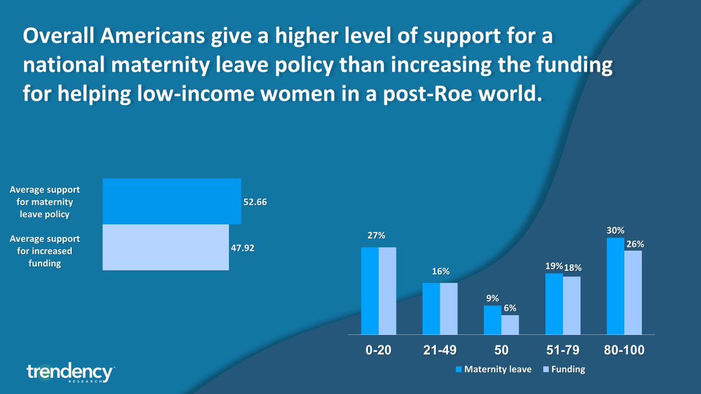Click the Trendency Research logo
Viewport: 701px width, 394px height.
click(x=70, y=372)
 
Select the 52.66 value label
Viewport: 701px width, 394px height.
click(x=255, y=203)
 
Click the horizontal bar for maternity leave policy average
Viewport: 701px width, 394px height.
click(x=172, y=201)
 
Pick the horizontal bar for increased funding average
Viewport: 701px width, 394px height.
click(x=165, y=247)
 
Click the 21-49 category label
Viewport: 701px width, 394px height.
click(x=440, y=350)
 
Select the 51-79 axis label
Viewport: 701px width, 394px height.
click(x=562, y=350)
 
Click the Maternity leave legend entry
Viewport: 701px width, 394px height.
click(x=493, y=369)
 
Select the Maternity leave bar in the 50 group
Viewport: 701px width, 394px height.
click(x=492, y=320)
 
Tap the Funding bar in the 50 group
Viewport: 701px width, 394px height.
click(x=510, y=325)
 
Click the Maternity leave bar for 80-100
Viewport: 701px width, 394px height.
click(x=615, y=286)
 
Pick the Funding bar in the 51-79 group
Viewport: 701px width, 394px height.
click(x=571, y=305)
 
